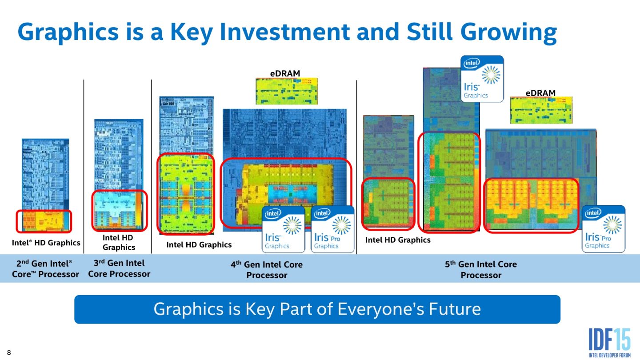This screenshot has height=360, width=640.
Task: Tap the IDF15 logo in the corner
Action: [x=609, y=341]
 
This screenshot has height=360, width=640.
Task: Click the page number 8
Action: [x=8, y=353]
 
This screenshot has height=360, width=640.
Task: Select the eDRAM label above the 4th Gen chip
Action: [x=285, y=73]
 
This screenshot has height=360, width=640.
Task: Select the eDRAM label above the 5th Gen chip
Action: [x=540, y=93]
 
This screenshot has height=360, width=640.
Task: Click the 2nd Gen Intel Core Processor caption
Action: [x=45, y=269]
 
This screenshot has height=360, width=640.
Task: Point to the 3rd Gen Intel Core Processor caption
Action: [x=119, y=268]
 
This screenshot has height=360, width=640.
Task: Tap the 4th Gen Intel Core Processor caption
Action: [x=267, y=269]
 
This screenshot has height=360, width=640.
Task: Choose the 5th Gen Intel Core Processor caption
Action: [x=481, y=269]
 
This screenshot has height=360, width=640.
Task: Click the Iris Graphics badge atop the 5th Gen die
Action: [x=482, y=79]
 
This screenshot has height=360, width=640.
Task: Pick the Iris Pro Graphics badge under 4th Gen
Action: [x=332, y=229]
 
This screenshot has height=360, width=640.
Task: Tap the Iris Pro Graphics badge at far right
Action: [x=604, y=229]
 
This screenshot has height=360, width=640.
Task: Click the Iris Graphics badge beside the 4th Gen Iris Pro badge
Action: [x=284, y=229]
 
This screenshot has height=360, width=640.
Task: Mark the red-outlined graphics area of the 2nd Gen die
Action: [x=44, y=221]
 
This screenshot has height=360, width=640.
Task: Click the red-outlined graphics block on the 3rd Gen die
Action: [x=119, y=211]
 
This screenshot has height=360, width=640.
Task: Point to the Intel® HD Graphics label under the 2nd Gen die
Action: [x=46, y=243]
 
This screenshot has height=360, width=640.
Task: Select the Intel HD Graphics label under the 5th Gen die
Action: [x=398, y=240]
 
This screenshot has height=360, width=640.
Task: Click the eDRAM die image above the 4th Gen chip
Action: [x=287, y=91]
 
